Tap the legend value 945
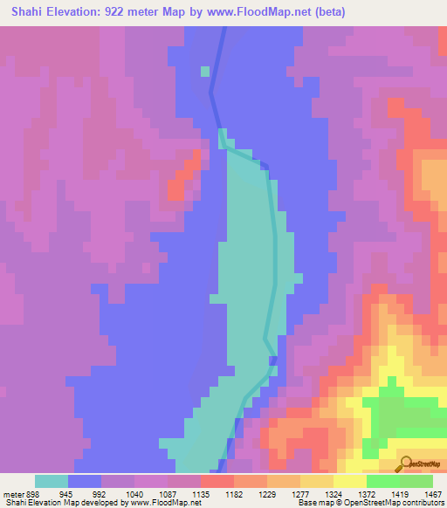coord(65,492)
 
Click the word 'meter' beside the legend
coord(11,492)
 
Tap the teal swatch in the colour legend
coord(51,481)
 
